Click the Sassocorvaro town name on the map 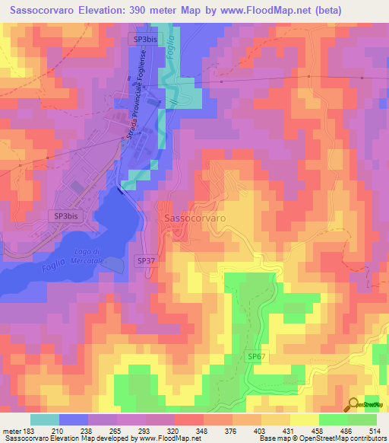194,218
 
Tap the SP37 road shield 147,260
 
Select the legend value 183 30,430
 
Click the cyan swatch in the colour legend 45,419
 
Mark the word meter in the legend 11,430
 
